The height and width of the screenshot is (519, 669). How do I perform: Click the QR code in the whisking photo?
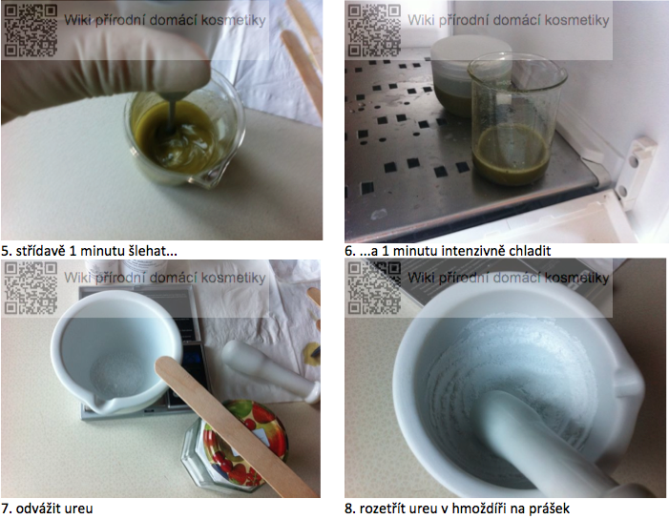(x=31, y=31)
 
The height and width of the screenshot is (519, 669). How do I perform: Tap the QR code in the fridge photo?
(x=374, y=31)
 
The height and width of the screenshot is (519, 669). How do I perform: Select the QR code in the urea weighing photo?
(x=31, y=288)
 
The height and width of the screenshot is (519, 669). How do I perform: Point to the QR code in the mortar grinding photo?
(x=374, y=288)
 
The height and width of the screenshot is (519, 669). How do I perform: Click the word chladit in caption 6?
(x=530, y=250)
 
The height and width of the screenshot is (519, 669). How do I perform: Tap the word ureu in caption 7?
(x=78, y=509)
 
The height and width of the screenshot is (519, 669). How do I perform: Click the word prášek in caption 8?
(x=550, y=509)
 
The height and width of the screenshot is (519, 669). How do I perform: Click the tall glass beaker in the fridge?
(x=516, y=119)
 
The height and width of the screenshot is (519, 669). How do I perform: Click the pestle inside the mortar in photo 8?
(x=554, y=447)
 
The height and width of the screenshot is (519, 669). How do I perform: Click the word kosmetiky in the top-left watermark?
(x=234, y=20)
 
